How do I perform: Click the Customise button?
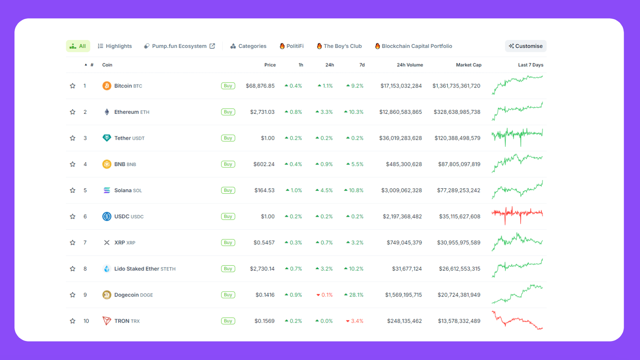point(525,46)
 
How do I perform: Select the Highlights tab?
point(115,46)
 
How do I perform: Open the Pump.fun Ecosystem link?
point(179,46)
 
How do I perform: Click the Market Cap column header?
point(468,65)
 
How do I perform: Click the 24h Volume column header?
point(409,65)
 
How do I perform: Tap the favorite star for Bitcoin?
point(73,86)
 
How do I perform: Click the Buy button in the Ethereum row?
point(228,112)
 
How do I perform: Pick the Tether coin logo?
point(107,138)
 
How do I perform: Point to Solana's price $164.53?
point(264,190)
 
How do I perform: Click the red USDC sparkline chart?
point(517,216)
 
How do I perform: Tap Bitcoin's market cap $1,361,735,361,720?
point(456,86)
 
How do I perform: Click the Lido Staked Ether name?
point(137,269)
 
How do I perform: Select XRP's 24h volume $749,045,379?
point(404,243)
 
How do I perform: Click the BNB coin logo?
point(107,164)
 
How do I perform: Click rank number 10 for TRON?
point(86,321)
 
